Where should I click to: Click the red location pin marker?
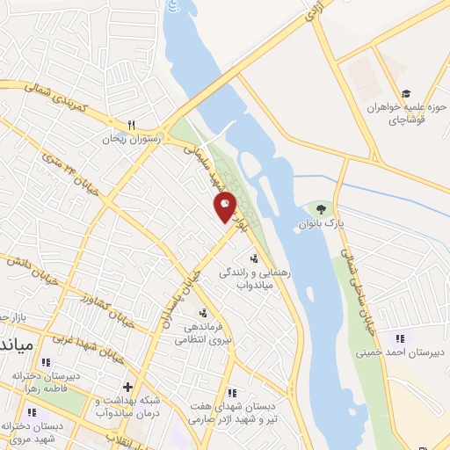tap(226, 206)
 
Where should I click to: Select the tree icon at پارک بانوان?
tap(320, 209)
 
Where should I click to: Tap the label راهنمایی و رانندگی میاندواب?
tap(271, 279)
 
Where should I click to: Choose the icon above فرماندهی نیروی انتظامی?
tap(204, 312)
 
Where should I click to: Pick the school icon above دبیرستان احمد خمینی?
tap(401, 338)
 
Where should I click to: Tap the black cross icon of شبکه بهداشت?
tap(128, 387)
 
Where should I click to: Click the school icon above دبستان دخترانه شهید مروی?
tap(33, 412)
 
